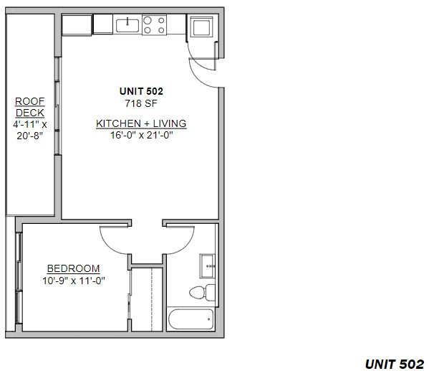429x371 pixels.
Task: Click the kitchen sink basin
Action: tap(127, 26)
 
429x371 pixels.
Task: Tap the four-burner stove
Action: tap(154, 24)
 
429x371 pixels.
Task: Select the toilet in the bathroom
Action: tap(202, 292)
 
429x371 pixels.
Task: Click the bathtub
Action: tap(191, 319)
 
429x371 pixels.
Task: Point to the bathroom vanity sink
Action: tap(208, 266)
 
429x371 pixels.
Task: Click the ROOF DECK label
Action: tap(30, 107)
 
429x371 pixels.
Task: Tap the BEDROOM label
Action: tap(73, 268)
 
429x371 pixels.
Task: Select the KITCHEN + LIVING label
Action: tap(141, 123)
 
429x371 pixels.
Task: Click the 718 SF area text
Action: tap(141, 103)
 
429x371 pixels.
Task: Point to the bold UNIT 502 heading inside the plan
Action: tap(141, 91)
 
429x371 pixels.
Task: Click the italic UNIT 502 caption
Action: tap(395, 364)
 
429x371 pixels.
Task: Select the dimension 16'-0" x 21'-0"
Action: tap(142, 135)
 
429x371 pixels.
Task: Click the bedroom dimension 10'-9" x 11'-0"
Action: tap(74, 281)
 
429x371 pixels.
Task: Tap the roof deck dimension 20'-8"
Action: tap(30, 136)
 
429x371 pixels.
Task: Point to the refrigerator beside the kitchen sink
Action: tap(103, 24)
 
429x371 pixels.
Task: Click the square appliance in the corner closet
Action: tap(202, 27)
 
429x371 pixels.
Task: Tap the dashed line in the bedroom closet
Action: tap(152, 299)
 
